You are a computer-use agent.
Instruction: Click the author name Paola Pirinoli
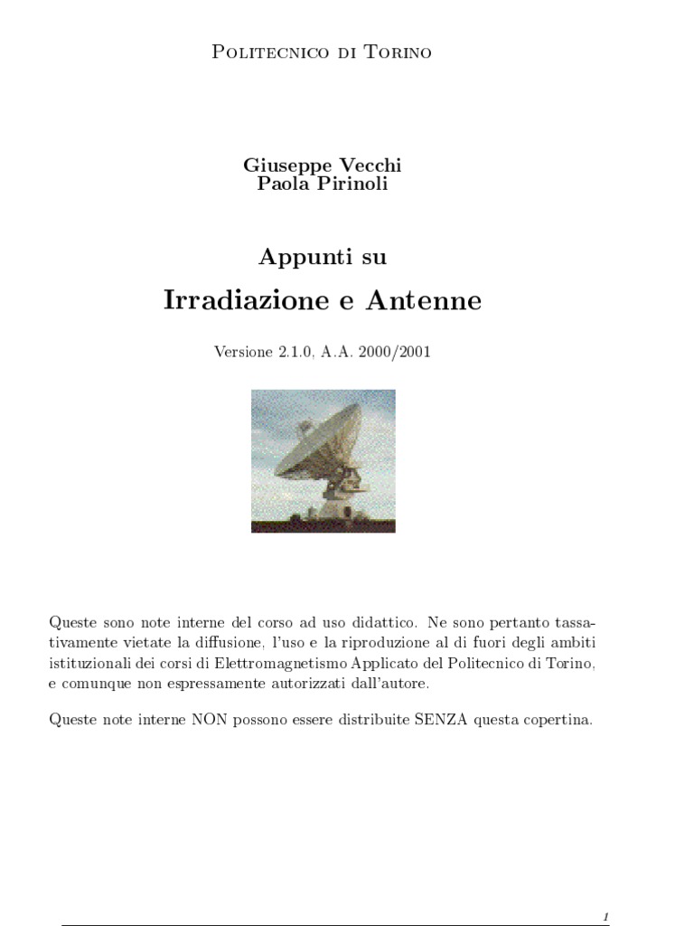pos(322,184)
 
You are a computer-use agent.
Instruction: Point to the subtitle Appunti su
pos(322,257)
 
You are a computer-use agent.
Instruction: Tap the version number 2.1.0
pos(293,352)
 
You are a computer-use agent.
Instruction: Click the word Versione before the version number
pos(242,352)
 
